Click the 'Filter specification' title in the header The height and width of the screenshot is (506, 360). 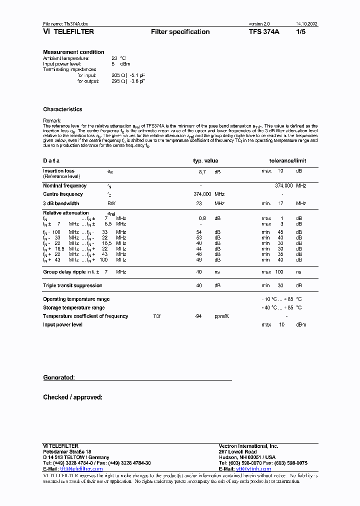pos(180,32)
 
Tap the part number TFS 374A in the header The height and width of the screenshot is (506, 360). pos(264,32)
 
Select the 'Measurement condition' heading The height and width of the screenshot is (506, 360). pos(73,52)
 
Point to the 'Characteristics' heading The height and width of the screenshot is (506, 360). pos(62,109)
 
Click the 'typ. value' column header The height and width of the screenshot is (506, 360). pos(205,161)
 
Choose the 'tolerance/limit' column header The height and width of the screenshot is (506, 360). pos(287,161)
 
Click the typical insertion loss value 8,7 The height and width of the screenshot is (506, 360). pos(202,171)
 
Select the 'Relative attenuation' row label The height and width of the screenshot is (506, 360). pos(65,213)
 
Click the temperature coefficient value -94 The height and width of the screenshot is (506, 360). pos(198,316)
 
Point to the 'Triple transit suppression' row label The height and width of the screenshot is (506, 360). pos(72,285)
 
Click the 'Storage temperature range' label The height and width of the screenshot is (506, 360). pos(73,307)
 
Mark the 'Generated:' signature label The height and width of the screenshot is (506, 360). pos(59,377)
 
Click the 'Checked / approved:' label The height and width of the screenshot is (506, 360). pos(72,397)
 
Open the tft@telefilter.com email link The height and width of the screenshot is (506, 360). pos(81,469)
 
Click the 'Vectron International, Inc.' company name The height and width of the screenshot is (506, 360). pos(248,446)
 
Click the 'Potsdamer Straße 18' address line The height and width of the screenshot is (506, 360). pos(67,451)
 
